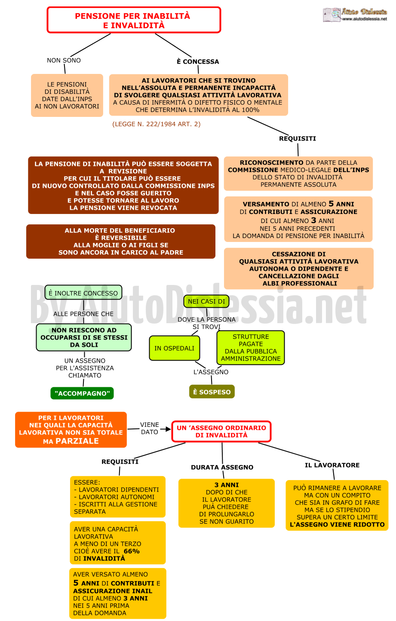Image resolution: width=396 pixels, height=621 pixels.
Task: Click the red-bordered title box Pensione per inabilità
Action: (134, 20)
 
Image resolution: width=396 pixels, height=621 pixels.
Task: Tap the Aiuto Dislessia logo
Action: (355, 15)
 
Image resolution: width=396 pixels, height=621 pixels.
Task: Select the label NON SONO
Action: (64, 61)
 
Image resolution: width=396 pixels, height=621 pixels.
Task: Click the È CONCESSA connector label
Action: (198, 61)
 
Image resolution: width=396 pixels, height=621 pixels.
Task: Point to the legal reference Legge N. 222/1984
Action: (157, 124)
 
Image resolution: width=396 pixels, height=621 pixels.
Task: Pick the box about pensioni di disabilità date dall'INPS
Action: (67, 95)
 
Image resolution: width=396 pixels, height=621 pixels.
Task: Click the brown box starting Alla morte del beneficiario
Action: (121, 242)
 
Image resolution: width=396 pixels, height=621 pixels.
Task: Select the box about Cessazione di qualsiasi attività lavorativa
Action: (299, 269)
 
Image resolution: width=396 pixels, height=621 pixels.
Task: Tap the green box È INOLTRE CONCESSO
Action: (83, 293)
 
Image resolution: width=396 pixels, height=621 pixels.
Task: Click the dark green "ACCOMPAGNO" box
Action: (82, 393)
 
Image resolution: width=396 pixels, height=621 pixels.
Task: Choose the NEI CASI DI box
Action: (206, 301)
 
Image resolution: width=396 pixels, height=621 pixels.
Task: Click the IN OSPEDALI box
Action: (175, 348)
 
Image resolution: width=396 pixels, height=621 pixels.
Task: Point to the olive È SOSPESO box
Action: (212, 392)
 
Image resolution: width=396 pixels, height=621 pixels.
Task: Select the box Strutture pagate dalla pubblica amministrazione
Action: (251, 348)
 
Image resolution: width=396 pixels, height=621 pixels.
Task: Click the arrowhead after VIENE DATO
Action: (168, 429)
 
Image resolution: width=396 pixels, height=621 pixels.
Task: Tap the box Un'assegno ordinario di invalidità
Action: (221, 431)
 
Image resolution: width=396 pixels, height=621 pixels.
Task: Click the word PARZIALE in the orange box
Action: (77, 441)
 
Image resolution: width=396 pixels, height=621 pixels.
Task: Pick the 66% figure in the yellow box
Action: (132, 551)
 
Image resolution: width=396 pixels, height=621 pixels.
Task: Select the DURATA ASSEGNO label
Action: (222, 467)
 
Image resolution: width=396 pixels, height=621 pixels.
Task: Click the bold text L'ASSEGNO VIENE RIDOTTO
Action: (337, 525)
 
